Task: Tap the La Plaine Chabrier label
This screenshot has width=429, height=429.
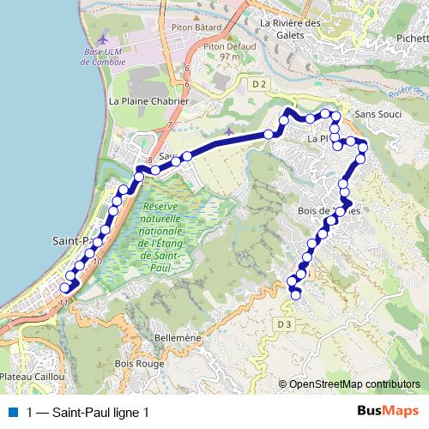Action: tap(149, 100)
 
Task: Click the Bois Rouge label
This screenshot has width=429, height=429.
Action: tap(143, 364)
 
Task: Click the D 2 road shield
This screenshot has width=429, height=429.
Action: tap(261, 83)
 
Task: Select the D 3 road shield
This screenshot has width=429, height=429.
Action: tap(285, 323)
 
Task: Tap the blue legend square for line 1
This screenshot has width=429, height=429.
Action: tap(12, 412)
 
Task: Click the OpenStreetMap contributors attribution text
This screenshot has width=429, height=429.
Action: tap(354, 384)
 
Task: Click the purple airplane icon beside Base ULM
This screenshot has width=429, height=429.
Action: tap(105, 39)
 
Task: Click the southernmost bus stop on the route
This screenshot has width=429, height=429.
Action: tap(297, 295)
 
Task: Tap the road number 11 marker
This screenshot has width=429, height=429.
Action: tap(63, 302)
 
